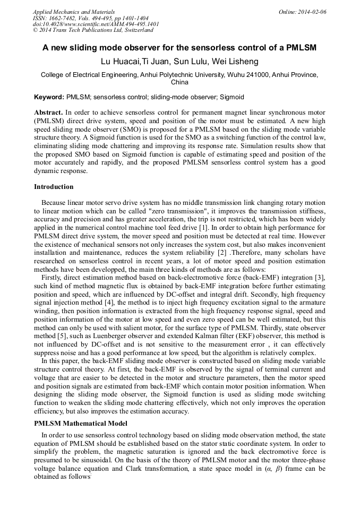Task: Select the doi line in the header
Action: (96, 24)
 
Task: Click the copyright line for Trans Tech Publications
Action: (92, 30)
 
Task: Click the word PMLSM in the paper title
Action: (301, 48)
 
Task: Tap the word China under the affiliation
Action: (179, 83)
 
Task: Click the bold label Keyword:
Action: (49, 98)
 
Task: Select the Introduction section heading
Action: (54, 187)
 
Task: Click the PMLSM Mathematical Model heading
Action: (80, 424)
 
